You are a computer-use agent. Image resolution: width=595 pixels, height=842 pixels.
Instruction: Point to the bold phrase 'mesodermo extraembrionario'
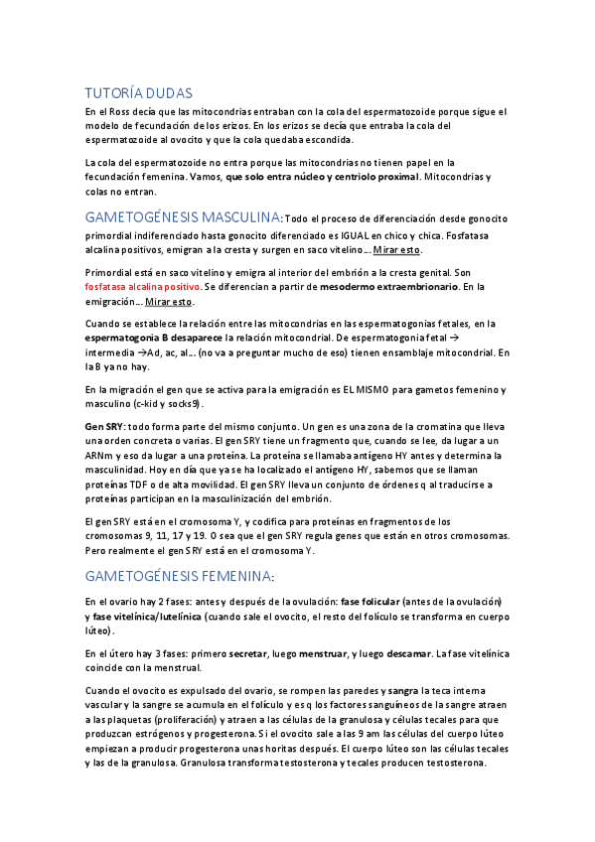pyautogui.click(x=388, y=286)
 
